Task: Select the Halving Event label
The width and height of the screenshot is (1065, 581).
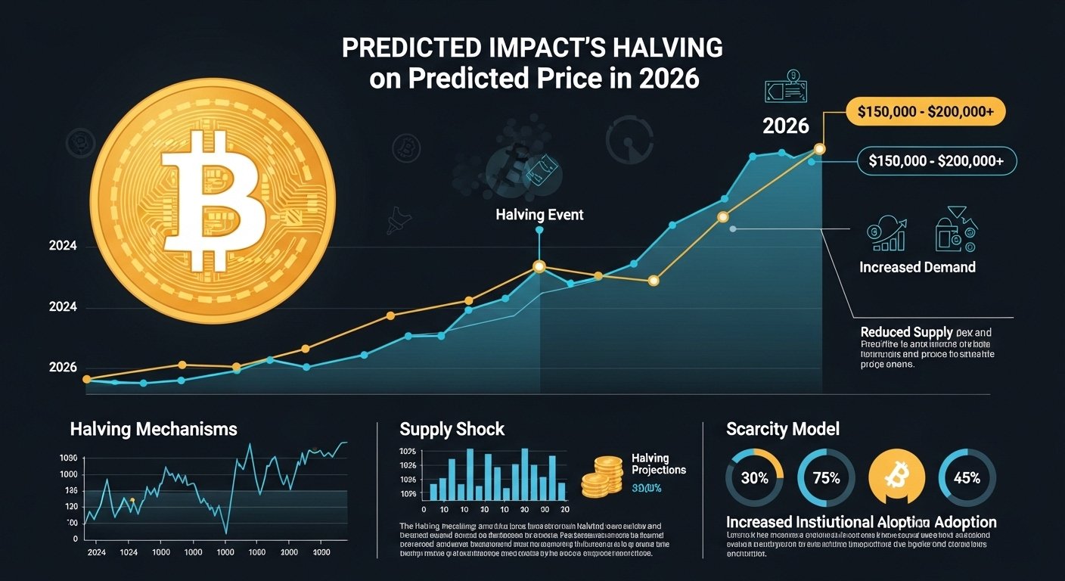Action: coord(539,215)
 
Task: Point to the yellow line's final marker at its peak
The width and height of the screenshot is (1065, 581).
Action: coord(820,149)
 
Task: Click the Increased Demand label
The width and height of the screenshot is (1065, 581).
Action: coord(917,267)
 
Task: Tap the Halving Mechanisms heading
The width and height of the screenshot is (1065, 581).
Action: coord(154,430)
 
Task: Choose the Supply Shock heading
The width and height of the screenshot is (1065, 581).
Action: coord(452,430)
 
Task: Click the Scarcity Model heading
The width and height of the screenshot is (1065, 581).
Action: coord(782,430)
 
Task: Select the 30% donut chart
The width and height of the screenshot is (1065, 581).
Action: coord(754,478)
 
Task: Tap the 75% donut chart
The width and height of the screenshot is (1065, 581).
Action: coord(826,478)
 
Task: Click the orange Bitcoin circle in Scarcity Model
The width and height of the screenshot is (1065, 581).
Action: coord(897,478)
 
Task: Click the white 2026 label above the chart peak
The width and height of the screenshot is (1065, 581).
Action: coord(786,126)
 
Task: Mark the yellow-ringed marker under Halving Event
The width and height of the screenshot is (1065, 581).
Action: coord(539,266)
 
